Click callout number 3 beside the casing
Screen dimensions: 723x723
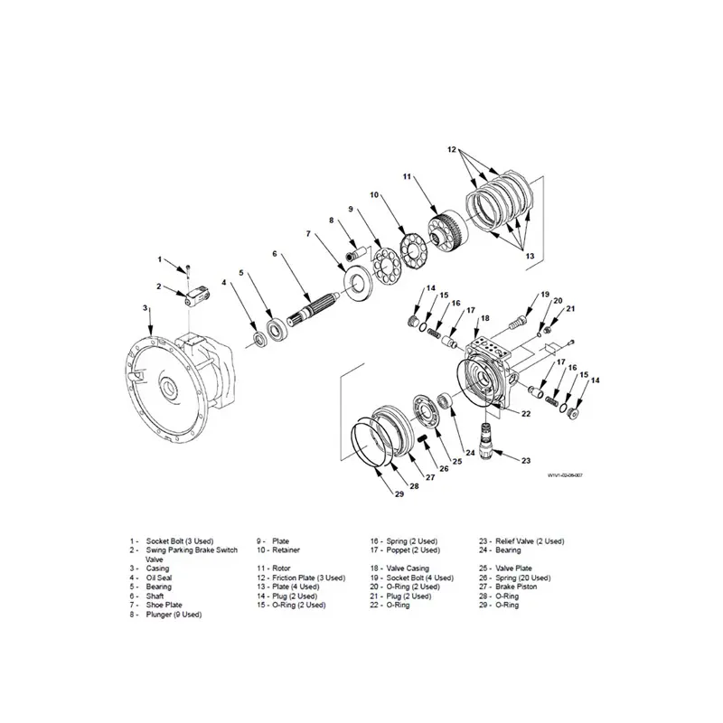click(146, 308)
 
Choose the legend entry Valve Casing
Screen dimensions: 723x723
click(399, 568)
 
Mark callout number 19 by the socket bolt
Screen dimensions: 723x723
click(545, 295)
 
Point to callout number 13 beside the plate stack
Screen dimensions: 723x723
click(530, 256)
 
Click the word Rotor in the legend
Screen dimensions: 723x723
click(281, 568)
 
